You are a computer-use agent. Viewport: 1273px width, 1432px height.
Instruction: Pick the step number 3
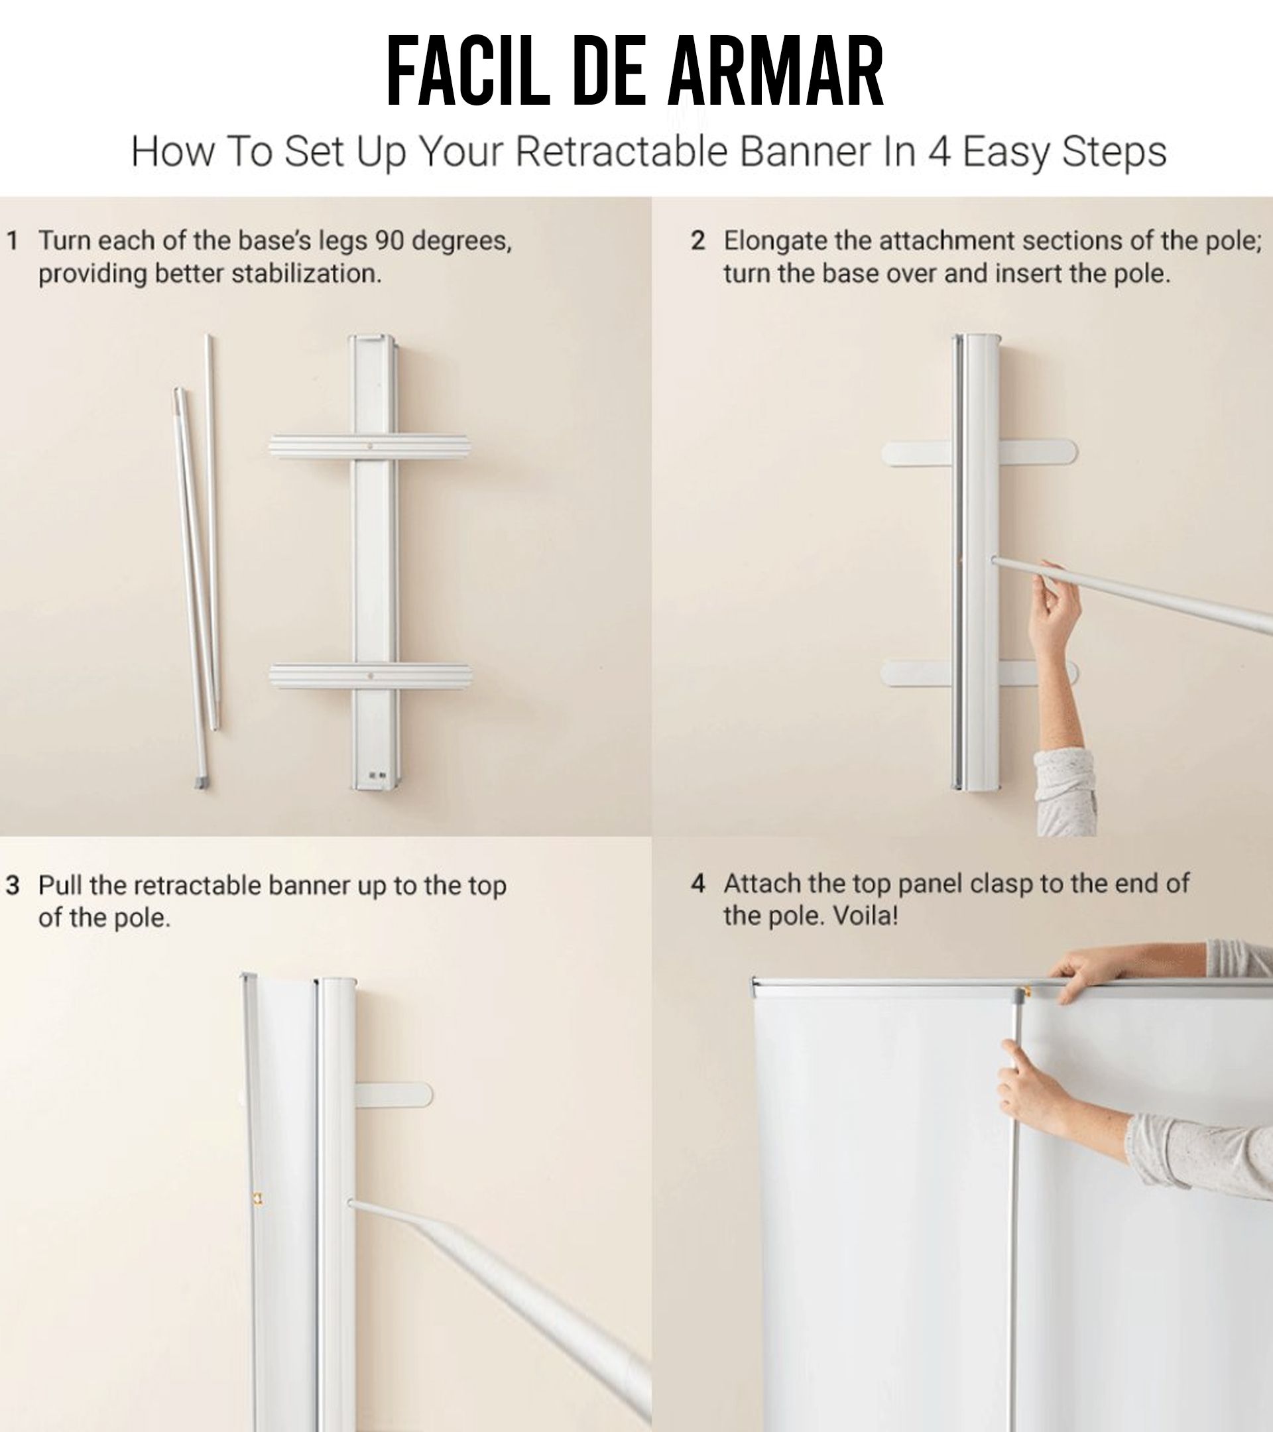click(13, 886)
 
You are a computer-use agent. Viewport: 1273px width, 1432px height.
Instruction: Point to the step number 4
click(697, 884)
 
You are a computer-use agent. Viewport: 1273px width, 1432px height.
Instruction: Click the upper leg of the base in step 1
click(369, 447)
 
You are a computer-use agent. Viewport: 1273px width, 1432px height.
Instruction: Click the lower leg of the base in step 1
click(370, 676)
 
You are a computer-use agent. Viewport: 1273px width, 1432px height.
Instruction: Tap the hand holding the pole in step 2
click(1054, 609)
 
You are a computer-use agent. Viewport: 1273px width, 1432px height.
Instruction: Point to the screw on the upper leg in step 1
click(370, 446)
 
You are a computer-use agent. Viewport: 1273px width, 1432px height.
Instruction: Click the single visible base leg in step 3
click(394, 1095)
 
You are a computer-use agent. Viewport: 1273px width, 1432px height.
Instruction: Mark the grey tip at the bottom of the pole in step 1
click(201, 783)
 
